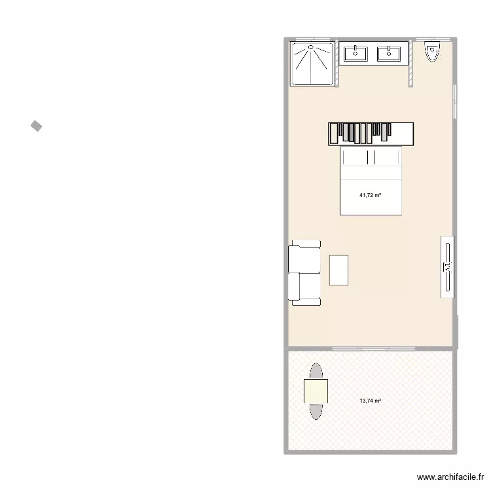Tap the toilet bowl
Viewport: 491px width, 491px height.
pos(431,51)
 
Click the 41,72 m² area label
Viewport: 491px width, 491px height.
pos(370,195)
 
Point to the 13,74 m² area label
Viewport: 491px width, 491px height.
pos(370,401)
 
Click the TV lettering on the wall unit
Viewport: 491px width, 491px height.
pos(448,267)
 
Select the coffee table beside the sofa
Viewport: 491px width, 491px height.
pos(339,270)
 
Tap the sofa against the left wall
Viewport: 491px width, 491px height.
pos(303,274)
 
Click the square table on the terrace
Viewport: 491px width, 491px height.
pos(316,391)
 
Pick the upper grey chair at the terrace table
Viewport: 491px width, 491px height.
pos(316,371)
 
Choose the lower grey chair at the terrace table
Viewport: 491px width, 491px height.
pos(316,411)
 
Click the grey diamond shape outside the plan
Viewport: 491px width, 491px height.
pos(36,126)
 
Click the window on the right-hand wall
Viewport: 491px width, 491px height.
pos(456,101)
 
